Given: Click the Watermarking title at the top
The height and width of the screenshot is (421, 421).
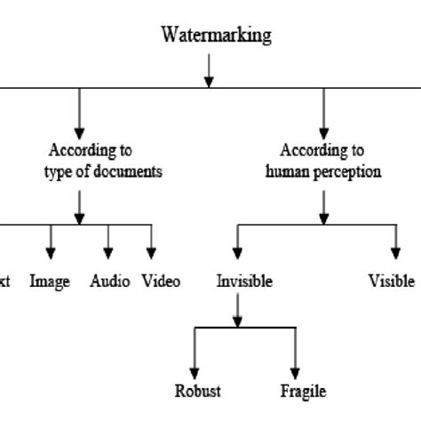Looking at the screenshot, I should click(x=216, y=36).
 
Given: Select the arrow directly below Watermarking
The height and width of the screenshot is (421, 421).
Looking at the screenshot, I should click(x=209, y=70).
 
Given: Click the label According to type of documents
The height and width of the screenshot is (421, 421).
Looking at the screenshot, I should click(x=103, y=162).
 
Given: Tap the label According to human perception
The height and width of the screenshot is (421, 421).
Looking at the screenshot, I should click(x=323, y=162).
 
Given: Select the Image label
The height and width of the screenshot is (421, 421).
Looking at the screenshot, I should click(x=50, y=282).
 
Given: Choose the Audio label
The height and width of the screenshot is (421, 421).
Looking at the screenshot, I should click(x=110, y=282).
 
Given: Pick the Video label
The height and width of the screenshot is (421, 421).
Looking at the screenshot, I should click(x=161, y=282).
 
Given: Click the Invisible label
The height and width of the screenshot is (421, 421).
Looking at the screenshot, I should click(x=244, y=282).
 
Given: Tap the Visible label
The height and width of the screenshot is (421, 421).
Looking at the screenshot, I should click(x=391, y=282).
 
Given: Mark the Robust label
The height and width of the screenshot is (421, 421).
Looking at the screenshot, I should click(x=197, y=391).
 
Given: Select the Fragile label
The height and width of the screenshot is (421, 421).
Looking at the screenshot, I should click(x=303, y=391).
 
